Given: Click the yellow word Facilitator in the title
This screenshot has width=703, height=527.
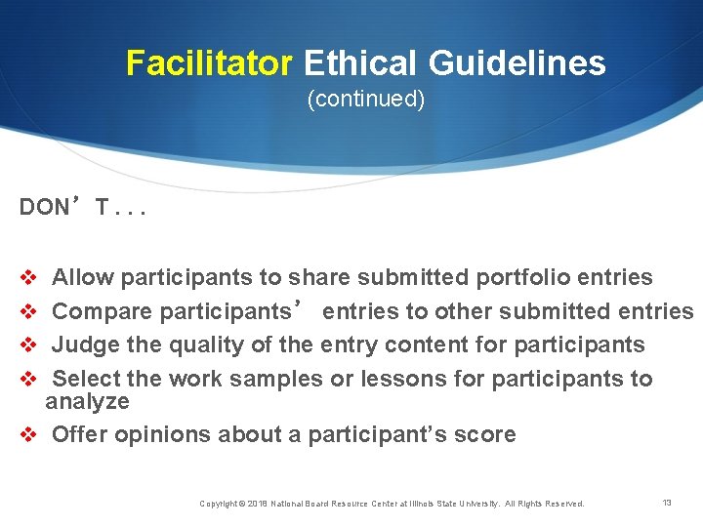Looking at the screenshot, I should click(209, 64).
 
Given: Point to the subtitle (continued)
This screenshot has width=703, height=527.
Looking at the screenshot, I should click(366, 100).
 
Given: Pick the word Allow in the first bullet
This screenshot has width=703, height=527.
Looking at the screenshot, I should click(82, 277).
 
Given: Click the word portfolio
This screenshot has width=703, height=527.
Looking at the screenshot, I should click(523, 277).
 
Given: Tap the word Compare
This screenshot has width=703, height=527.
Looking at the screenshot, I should click(102, 311).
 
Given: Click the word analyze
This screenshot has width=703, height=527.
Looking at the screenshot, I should click(87, 401).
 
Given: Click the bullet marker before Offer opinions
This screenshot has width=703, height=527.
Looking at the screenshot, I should click(27, 435).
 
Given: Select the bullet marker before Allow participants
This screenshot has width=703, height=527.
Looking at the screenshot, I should click(27, 278).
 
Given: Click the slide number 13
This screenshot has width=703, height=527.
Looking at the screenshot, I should click(667, 503).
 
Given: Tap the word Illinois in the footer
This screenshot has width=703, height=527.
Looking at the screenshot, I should click(436, 504).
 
